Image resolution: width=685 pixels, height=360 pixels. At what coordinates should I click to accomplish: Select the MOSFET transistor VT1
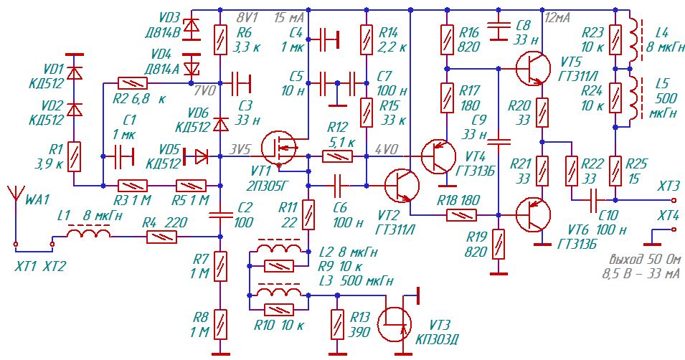point(279,148)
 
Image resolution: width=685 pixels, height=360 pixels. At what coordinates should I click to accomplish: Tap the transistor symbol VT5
point(533,69)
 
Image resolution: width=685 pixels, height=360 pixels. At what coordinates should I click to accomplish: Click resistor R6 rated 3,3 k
point(220,39)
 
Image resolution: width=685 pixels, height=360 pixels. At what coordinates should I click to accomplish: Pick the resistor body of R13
point(337,323)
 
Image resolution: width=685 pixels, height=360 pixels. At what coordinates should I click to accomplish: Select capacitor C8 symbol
point(499,29)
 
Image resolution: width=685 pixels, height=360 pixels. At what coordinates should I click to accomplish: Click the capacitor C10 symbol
point(593,200)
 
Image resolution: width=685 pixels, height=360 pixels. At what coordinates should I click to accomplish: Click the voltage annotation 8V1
point(247,18)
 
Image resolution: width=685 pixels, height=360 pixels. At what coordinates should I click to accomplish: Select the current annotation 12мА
point(558,17)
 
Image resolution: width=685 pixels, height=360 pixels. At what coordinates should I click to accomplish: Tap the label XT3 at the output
point(669,186)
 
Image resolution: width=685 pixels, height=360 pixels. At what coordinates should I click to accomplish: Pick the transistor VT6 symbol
point(533,215)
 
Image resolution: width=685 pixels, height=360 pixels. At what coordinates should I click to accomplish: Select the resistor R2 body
point(133,83)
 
